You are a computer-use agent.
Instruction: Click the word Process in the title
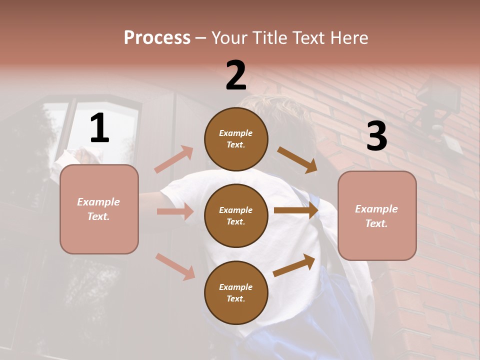pos(157,37)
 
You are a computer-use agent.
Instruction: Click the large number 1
pos(99,128)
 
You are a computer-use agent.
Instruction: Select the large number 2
pos(236,75)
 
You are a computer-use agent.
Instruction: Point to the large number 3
pos(376,136)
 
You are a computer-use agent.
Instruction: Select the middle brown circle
pos(236,215)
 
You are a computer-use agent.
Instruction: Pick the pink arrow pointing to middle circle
pos(175,211)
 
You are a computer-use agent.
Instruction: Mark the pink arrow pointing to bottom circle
pos(175,266)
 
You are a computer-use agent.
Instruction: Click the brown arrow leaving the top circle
pos(297,159)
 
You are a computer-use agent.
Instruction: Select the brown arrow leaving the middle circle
pos(296,210)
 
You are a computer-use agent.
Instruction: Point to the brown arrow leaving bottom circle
pos(294,265)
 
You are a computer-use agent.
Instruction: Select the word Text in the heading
pos(309,37)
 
